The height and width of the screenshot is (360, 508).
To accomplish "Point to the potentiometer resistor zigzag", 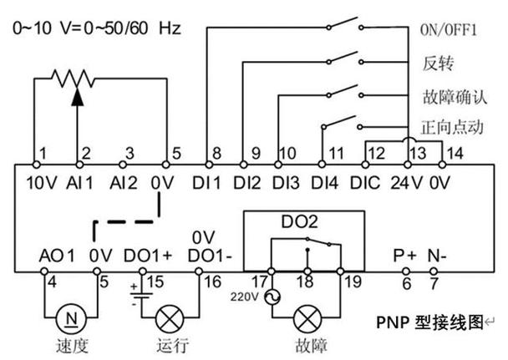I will [x=75, y=80].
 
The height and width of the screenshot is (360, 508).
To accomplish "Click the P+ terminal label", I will [x=405, y=254].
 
